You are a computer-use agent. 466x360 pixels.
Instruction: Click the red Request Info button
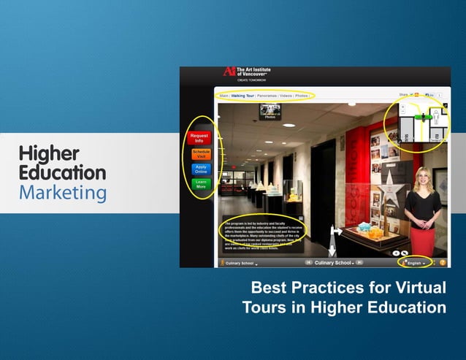click(199, 137)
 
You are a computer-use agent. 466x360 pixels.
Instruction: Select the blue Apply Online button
click(200, 169)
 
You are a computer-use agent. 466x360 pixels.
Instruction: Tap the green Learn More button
click(200, 184)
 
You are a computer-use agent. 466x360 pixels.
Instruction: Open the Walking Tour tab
click(242, 95)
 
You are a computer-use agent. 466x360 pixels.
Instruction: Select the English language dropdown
click(416, 262)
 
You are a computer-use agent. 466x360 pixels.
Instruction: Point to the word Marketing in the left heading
click(62, 193)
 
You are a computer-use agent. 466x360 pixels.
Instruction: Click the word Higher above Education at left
click(49, 153)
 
